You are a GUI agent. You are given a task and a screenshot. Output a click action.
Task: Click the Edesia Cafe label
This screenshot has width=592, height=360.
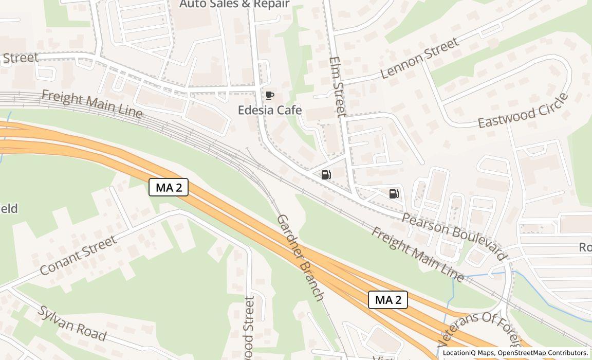coord(269,110)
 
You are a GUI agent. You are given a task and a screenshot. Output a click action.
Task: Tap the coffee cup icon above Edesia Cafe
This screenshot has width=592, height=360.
coord(270,95)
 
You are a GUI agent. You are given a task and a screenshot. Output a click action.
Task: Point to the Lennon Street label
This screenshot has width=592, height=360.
coord(420,59)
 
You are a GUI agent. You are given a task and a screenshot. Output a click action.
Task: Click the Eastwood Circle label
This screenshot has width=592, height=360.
coord(524,111)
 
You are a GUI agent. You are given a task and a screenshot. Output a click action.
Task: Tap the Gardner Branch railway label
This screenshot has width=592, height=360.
coord(301,257)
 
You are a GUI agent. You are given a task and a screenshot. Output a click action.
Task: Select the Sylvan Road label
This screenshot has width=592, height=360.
coord(72,323)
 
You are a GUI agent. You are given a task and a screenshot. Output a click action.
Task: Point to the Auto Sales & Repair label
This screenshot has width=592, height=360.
coord(234,4)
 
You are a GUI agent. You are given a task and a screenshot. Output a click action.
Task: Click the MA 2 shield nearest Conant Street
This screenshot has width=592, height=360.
coord(169,187)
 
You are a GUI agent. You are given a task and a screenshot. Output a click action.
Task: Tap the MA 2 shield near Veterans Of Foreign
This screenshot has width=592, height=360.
coord(388,300)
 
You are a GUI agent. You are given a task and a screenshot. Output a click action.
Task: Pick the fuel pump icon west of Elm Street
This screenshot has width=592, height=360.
coord(326,175)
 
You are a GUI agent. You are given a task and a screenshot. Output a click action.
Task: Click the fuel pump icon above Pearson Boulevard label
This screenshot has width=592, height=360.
coord(394,193)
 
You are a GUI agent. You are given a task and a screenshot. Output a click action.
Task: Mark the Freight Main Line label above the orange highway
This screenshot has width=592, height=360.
coord(91,104)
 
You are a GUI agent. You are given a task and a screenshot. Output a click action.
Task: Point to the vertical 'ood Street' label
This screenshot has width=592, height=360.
coord(250,328)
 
